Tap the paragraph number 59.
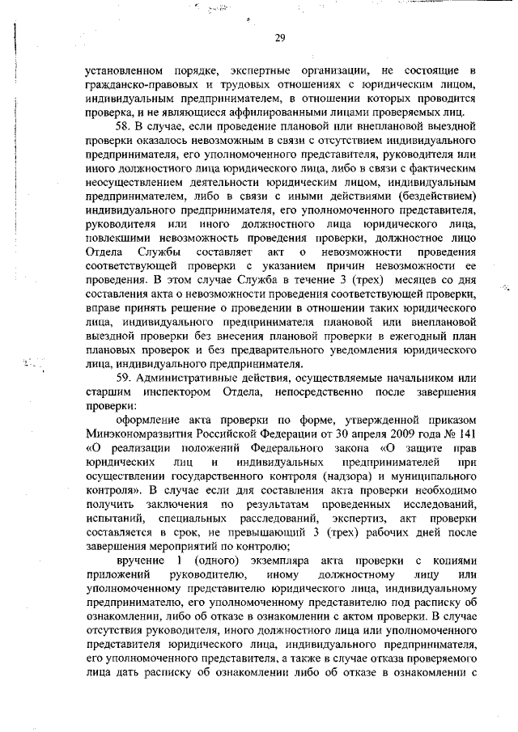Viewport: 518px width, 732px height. (125, 377)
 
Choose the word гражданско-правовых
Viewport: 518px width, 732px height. (137, 84)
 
